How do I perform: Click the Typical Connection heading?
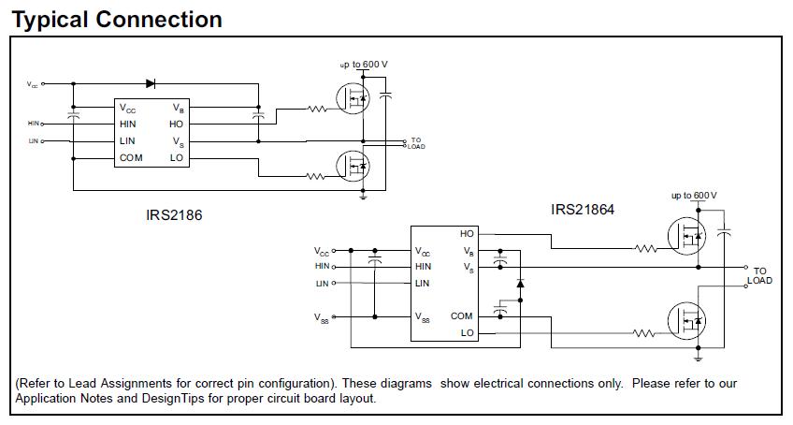[x=117, y=20]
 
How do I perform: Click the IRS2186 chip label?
[x=174, y=214]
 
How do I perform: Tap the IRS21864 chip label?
[x=583, y=209]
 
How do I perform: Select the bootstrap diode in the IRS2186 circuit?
[x=151, y=83]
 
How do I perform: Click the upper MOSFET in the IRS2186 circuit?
[x=353, y=98]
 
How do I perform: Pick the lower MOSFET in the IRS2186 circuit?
[x=353, y=166]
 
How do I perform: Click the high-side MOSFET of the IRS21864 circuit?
[x=686, y=236]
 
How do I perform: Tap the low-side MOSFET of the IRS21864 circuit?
[x=686, y=321]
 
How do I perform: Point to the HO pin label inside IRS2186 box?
[x=176, y=125]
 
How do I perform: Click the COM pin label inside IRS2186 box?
[x=131, y=158]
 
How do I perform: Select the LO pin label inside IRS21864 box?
[x=467, y=333]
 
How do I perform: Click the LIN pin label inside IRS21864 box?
[x=423, y=283]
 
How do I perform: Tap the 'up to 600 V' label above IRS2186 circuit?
[x=364, y=65]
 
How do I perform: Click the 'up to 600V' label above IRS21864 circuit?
[x=694, y=196]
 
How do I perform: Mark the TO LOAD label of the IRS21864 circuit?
[x=759, y=276]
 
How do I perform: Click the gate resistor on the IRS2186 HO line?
[x=317, y=109]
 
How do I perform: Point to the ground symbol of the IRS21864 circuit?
[x=699, y=359]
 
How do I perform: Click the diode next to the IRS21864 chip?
[x=520, y=283]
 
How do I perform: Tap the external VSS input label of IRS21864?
[x=321, y=318]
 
